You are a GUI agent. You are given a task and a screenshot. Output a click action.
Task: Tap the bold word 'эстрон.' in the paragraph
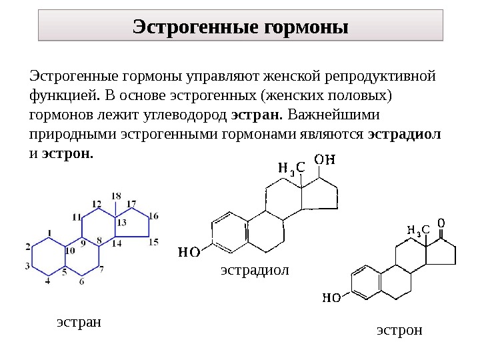tap(68, 153)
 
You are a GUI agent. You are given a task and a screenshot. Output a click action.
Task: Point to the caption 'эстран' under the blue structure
tap(79, 323)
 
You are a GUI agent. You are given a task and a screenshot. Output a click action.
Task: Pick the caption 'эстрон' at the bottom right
tap(399, 330)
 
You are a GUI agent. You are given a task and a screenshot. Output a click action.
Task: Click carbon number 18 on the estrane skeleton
tap(116, 196)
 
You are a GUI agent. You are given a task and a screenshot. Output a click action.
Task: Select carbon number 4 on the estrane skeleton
tap(47, 282)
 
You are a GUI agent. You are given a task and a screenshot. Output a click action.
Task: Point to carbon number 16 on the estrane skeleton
tap(154, 216)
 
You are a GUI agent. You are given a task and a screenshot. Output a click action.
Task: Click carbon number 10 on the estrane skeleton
tap(71, 250)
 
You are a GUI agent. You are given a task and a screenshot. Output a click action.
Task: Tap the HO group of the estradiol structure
tap(189, 252)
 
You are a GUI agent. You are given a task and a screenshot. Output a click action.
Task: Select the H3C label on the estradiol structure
tap(291, 169)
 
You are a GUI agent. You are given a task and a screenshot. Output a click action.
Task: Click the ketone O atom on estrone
tap(441, 221)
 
